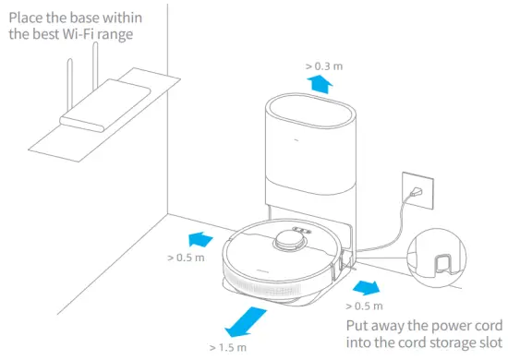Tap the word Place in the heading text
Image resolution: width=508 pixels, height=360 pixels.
click(30, 16)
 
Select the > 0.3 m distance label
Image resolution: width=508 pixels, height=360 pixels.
click(323, 66)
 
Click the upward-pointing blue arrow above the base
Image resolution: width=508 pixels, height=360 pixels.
click(321, 85)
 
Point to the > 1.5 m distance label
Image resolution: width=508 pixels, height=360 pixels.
click(227, 347)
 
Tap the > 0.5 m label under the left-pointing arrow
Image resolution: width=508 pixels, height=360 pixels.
click(186, 258)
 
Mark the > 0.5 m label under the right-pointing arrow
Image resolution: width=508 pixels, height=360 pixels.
click(364, 305)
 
